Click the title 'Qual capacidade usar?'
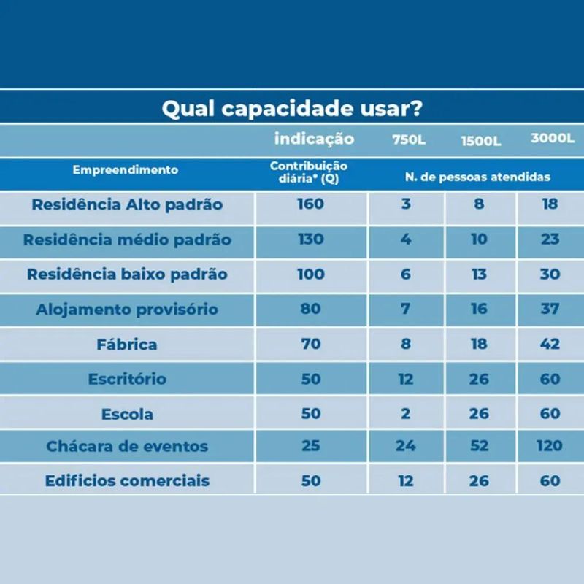coord(291,109)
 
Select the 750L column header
coord(407,139)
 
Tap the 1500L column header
coord(480,141)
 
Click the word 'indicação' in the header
coord(314,139)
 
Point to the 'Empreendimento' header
coord(126,170)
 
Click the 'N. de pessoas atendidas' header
coord(477,177)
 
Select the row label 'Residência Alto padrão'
coord(127,204)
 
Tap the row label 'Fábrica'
coord(127,344)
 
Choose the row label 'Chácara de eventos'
coord(127,446)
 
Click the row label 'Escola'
coord(127,414)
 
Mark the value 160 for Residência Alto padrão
coord(310,204)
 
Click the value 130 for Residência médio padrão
coord(310,239)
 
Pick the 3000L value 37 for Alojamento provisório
coord(550,309)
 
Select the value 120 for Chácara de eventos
coord(549,446)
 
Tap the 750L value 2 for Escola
coord(406,413)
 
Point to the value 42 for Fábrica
coord(550,344)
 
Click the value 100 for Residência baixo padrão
coord(310,274)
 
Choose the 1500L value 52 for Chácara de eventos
coord(479,446)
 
